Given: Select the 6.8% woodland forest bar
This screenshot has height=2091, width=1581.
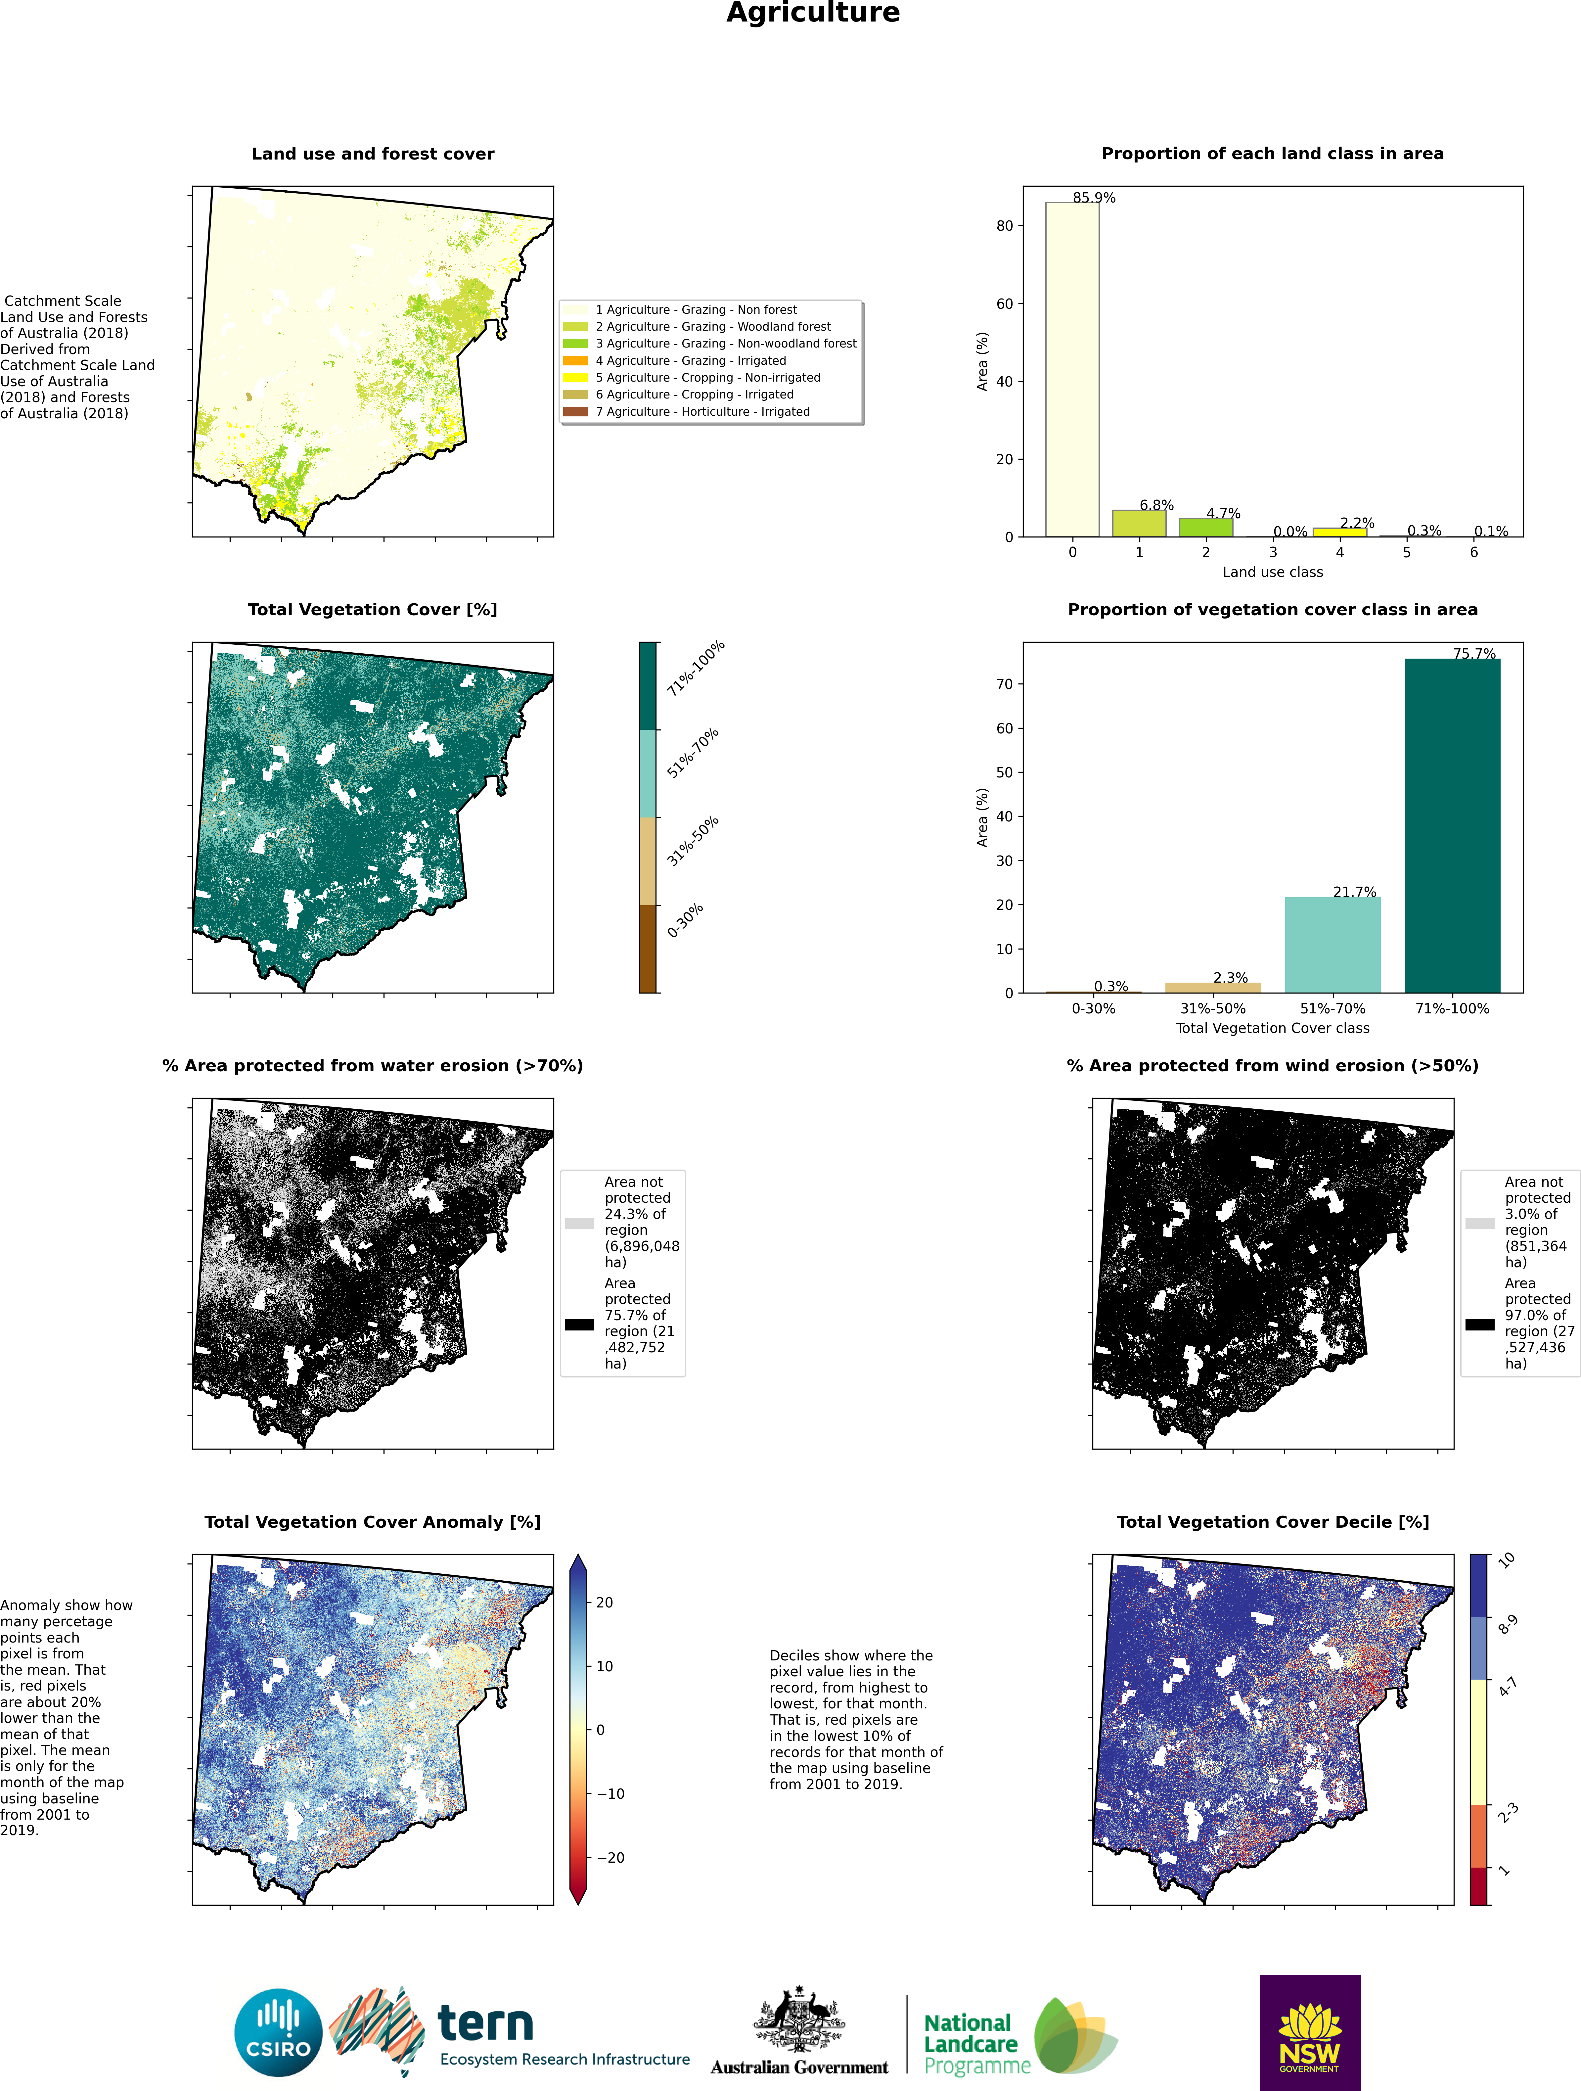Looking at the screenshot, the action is pos(1139,524).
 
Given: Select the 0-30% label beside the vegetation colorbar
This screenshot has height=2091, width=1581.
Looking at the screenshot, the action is pos(685,921).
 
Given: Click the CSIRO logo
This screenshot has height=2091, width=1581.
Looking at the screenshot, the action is pos(279,2033).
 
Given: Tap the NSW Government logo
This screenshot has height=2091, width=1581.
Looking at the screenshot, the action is pos(1310,2032).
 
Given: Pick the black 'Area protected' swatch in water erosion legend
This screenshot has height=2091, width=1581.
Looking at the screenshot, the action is pos(579,1324).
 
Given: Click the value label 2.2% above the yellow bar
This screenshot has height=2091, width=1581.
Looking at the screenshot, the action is pos(1357,523).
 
